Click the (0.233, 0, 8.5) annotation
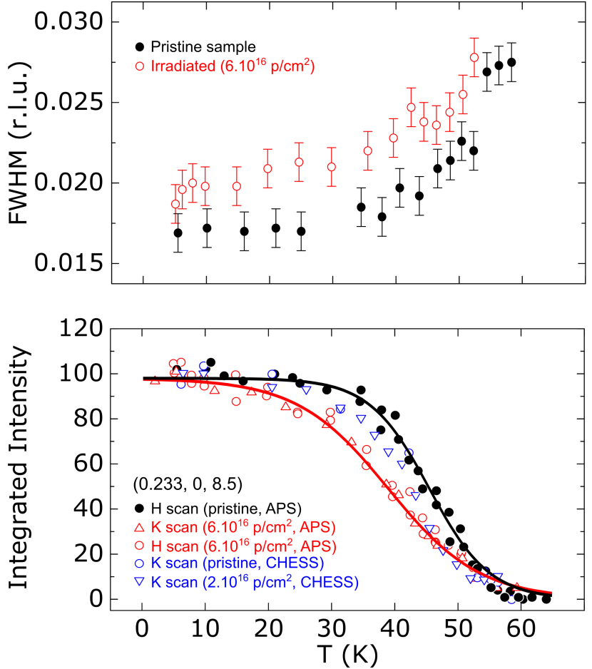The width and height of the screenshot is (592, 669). (x=188, y=484)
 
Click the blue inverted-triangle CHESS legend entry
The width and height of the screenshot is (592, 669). (x=253, y=582)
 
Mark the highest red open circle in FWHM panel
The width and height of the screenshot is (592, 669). (x=474, y=57)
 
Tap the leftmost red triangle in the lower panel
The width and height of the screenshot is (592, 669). (x=155, y=380)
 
